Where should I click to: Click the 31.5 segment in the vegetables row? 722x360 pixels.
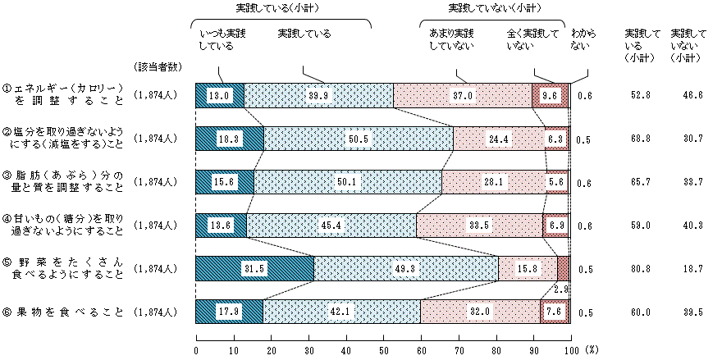pyautogui.click(x=254, y=268)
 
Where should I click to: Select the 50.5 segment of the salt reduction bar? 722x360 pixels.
pyautogui.click(x=358, y=139)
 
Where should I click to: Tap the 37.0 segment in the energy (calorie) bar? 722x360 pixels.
pyautogui.click(x=464, y=95)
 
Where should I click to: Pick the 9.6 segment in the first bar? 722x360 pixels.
pyautogui.click(x=551, y=95)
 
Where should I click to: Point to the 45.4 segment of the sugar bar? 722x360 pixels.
pyautogui.click(x=331, y=226)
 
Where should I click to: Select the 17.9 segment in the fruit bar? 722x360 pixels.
pyautogui.click(x=229, y=312)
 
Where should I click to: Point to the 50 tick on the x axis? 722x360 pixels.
pyautogui.click(x=384, y=349)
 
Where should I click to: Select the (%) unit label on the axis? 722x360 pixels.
pyautogui.click(x=592, y=349)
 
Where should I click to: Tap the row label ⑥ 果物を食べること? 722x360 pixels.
pyautogui.click(x=64, y=312)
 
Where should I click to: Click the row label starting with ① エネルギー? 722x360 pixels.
pyautogui.click(x=64, y=95)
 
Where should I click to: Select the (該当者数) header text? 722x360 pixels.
pyautogui.click(x=153, y=64)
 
